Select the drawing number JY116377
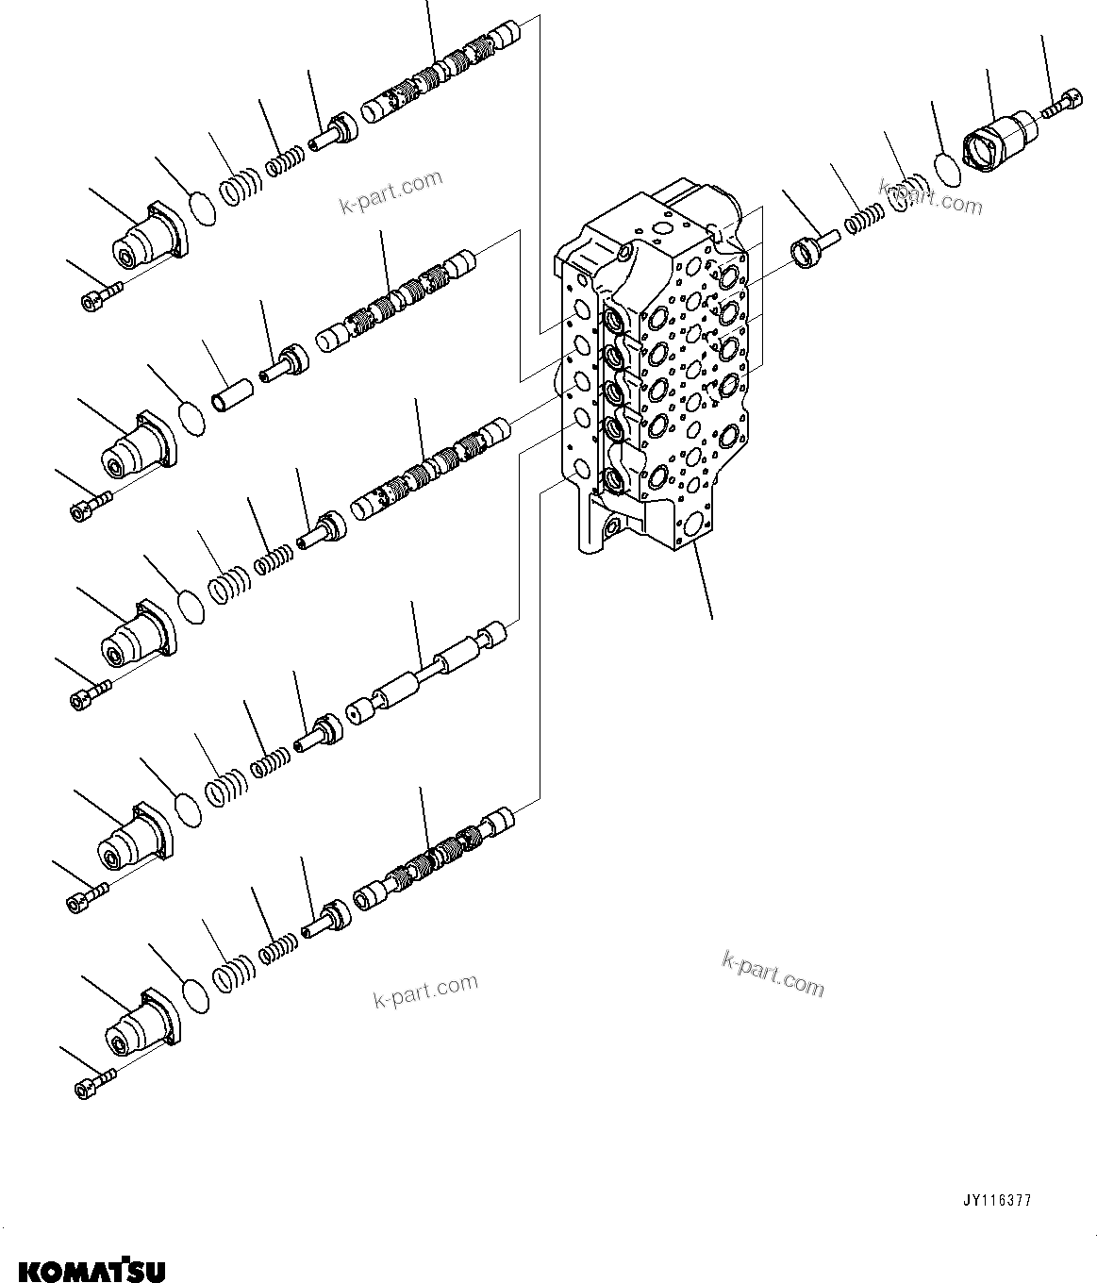[x=997, y=1201]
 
